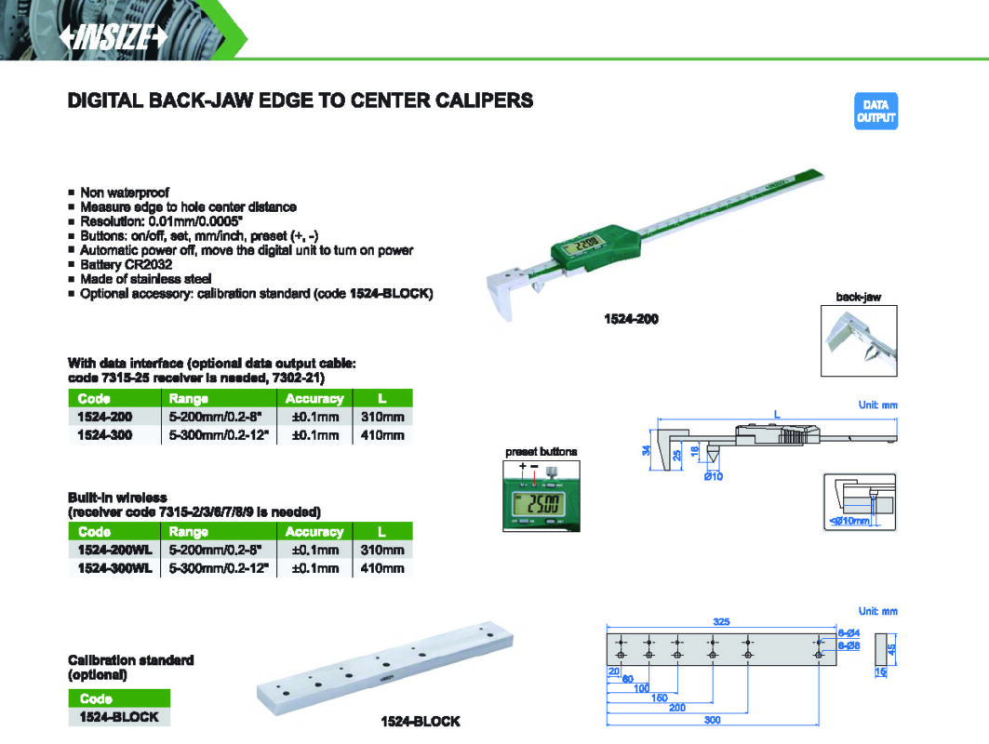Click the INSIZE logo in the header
pyautogui.click(x=114, y=37)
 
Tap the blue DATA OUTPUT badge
pyautogui.click(x=875, y=111)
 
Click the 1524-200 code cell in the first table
pyautogui.click(x=105, y=417)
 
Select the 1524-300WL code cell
pyautogui.click(x=114, y=568)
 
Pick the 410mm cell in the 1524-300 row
pyautogui.click(x=382, y=435)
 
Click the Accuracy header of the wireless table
pyautogui.click(x=314, y=532)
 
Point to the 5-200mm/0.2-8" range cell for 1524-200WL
pyautogui.click(x=215, y=550)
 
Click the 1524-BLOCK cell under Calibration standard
pyautogui.click(x=119, y=717)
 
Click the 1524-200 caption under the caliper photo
pyautogui.click(x=631, y=319)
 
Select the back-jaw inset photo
pyautogui.click(x=859, y=340)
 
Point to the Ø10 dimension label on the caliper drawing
pyautogui.click(x=714, y=477)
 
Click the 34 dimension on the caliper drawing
pyautogui.click(x=646, y=450)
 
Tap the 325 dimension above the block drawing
pyautogui.click(x=721, y=621)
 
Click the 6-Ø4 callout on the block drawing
pyautogui.click(x=849, y=633)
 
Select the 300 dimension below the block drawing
pyautogui.click(x=712, y=720)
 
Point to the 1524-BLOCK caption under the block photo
pyautogui.click(x=421, y=722)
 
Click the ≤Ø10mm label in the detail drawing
pyautogui.click(x=850, y=521)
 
